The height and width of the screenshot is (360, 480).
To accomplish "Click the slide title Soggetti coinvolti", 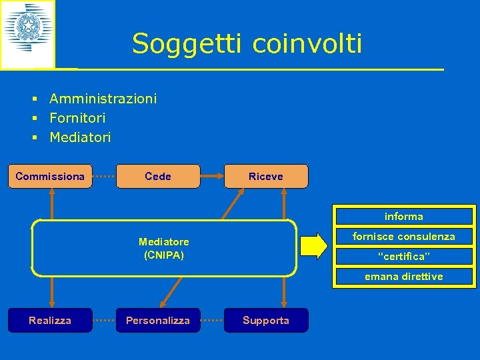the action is [247, 44].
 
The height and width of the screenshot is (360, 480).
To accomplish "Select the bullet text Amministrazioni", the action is [103, 99].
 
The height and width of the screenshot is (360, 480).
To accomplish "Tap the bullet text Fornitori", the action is [77, 118].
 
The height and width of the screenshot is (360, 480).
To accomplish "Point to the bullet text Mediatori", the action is [80, 137].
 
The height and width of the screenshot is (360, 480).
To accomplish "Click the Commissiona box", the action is [50, 177].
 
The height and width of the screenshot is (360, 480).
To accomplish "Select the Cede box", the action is [158, 177].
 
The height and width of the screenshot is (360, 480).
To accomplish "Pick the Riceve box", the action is [265, 177].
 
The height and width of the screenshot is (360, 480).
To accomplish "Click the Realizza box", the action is [50, 321].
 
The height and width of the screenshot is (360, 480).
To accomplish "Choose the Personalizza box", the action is [158, 321].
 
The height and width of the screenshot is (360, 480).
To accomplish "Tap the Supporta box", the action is [265, 321].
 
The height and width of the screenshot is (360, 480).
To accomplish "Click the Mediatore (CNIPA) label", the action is [163, 247].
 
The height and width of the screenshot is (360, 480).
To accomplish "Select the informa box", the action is [403, 217].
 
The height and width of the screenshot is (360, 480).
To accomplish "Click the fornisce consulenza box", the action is [403, 237].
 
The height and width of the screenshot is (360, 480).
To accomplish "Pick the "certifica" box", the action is [403, 257].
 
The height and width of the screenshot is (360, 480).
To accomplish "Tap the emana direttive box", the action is [403, 277].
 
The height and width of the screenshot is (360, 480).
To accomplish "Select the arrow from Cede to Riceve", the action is [212, 177].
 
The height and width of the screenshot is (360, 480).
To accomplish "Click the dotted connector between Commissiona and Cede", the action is [104, 177].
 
